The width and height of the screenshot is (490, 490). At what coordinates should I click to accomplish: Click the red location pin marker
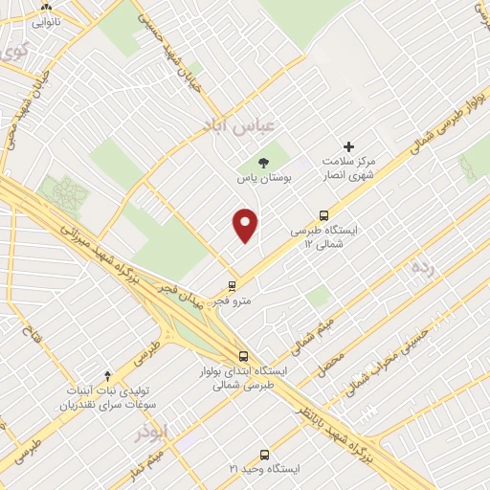point(246,225)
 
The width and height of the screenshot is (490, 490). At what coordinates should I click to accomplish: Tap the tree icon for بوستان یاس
point(264,162)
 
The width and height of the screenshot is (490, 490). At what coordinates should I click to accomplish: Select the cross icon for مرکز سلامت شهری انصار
point(348,146)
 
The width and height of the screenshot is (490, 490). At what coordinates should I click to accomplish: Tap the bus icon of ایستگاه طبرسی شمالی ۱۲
point(323,216)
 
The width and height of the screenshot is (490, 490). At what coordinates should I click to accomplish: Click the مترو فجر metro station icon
point(232,285)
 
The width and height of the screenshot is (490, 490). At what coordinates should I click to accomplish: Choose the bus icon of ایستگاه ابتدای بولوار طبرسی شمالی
point(243,354)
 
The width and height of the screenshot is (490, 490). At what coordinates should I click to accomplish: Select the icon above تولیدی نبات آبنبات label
point(107,375)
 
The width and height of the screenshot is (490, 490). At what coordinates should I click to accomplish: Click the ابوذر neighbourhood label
point(151,433)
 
